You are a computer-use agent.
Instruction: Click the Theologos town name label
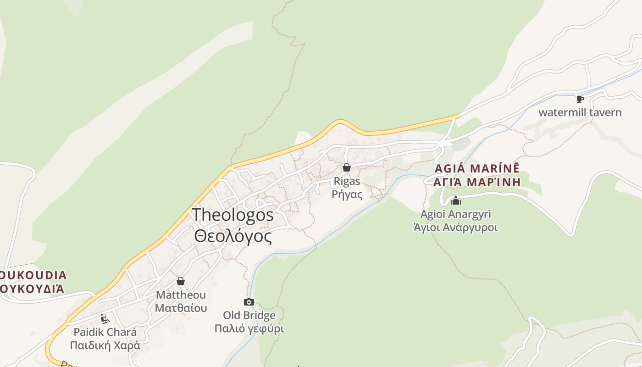click(x=232, y=215)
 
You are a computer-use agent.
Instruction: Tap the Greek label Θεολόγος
click(x=233, y=236)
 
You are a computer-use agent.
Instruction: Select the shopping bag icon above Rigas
click(x=347, y=167)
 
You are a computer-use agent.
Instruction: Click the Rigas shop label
click(x=347, y=181)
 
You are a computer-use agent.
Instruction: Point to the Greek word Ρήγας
click(x=347, y=195)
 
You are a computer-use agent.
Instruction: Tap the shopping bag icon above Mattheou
click(x=181, y=281)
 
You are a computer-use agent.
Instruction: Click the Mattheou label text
click(x=181, y=295)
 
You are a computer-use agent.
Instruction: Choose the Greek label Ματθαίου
click(x=181, y=308)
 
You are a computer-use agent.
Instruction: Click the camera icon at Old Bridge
click(x=249, y=302)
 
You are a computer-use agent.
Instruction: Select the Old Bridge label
click(x=249, y=315)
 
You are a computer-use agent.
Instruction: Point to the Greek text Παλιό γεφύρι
click(x=249, y=328)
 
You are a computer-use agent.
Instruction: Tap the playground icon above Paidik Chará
click(x=105, y=318)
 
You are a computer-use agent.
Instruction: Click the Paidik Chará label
click(x=105, y=332)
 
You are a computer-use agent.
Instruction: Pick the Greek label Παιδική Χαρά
click(x=105, y=345)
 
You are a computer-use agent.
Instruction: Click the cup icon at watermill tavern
click(x=580, y=99)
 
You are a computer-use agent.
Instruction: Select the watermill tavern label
click(x=580, y=112)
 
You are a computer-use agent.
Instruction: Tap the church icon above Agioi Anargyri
click(x=456, y=200)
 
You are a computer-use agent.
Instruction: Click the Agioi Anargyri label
click(x=456, y=214)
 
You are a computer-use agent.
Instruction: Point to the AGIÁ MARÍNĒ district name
click(x=477, y=168)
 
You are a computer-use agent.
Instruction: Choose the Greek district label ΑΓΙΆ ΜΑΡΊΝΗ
click(x=477, y=182)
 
